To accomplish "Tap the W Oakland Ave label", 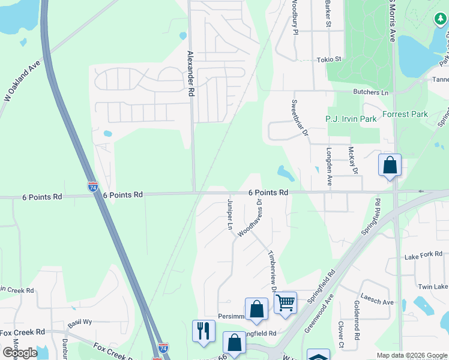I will pos(22,81).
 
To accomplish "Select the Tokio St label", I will pos(329,59).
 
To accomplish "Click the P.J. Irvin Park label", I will pos(351,119).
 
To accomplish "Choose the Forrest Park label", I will pos(404,114).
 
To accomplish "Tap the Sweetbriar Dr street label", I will pos(300,118).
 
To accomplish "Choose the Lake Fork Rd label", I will pos(420,256).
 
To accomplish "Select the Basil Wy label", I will pos(79,322).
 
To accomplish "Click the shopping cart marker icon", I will pos(285,302).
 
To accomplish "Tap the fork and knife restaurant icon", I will pos(203,331).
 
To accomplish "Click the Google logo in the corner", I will pos(19,353).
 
